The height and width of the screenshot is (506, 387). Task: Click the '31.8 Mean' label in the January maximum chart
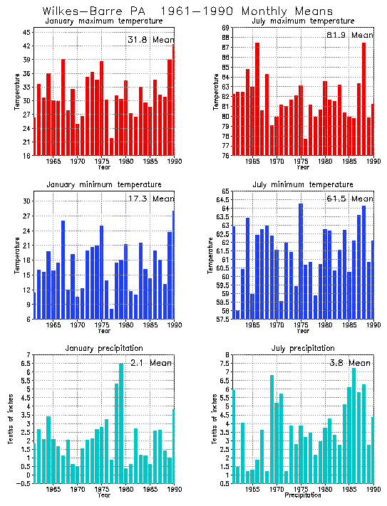(150, 39)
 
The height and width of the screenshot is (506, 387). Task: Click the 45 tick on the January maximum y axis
(26, 33)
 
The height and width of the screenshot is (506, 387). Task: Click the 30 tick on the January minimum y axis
(26, 201)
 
